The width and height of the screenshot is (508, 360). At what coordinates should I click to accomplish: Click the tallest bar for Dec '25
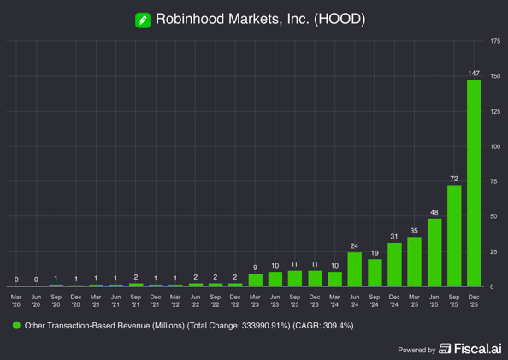coord(474,183)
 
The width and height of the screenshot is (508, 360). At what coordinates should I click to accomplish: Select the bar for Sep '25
coord(454,235)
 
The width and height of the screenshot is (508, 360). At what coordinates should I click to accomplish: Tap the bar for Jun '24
coord(355,269)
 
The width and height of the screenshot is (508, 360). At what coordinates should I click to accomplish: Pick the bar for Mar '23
coord(256,280)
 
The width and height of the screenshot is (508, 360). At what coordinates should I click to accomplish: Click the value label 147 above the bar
coord(474,73)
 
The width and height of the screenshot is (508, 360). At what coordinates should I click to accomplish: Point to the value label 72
coord(454,179)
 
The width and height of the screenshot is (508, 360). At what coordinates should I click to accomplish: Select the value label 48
coord(434,212)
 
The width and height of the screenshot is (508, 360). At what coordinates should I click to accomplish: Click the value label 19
coord(375,253)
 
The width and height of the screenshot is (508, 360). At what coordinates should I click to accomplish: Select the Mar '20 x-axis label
coord(16,301)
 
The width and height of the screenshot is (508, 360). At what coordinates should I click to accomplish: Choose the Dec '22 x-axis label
coord(235,301)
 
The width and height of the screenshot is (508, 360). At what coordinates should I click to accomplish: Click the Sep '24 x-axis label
coord(375,301)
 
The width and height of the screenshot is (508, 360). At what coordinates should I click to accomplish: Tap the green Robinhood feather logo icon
coord(143,19)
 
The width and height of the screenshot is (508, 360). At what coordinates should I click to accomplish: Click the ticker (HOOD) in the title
coord(339,19)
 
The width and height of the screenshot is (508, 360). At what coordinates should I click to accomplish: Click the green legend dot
coord(16,326)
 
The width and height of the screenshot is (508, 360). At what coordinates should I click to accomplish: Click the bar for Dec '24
coord(394,264)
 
